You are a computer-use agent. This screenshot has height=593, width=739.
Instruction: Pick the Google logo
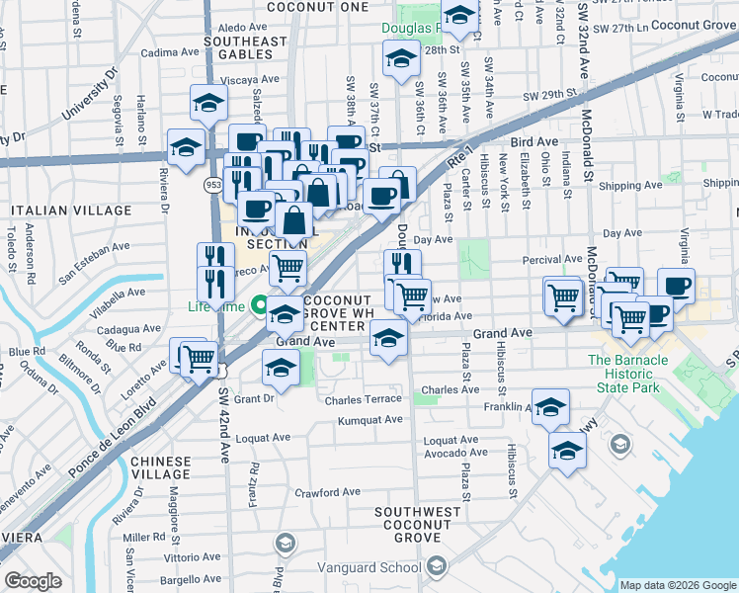tap(34, 581)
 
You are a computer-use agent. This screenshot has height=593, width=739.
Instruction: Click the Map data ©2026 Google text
tap(679, 585)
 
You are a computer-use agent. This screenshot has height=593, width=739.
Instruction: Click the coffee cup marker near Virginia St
tap(676, 288)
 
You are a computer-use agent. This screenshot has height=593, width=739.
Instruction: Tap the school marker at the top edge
tap(459, 15)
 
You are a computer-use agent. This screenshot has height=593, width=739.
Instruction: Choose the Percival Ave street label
tap(551, 259)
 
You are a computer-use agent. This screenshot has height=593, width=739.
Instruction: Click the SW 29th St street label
tap(549, 96)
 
